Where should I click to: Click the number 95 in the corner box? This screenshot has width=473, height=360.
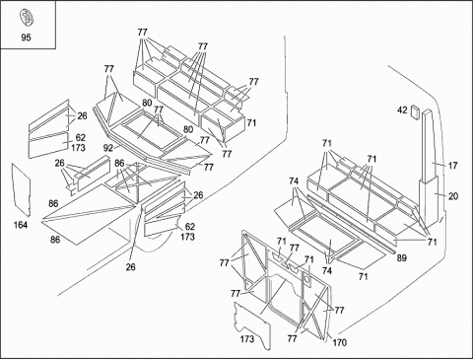click(26, 37)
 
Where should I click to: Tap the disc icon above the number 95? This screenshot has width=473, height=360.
click(25, 17)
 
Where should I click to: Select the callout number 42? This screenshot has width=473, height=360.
click(402, 110)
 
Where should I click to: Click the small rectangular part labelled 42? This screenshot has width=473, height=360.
click(415, 111)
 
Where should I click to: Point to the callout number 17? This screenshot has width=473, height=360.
click(452, 166)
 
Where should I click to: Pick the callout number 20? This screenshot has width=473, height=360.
click(453, 196)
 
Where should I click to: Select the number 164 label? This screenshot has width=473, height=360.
click(21, 225)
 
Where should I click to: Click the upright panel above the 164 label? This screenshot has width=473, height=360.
click(22, 189)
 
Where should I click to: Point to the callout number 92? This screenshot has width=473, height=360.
click(108, 148)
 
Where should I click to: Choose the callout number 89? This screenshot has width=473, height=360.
click(401, 258)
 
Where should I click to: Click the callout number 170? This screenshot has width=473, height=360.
click(339, 342)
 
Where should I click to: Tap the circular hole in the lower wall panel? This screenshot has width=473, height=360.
click(307, 280)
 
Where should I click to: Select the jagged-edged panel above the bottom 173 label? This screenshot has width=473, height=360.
click(252, 325)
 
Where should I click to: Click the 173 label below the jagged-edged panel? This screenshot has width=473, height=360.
click(247, 338)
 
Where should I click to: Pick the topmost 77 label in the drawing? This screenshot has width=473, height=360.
click(143, 33)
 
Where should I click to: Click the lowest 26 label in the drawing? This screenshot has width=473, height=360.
click(130, 267)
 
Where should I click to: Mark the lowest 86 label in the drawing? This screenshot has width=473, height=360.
click(55, 240)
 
